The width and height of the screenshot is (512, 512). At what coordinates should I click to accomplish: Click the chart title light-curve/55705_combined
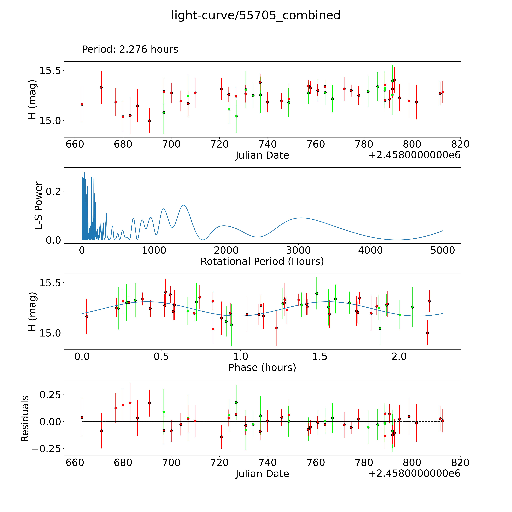point(256,15)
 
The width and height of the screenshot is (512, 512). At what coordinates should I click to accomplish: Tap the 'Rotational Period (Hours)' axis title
point(262,262)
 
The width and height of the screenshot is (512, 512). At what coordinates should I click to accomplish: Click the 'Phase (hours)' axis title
point(262,368)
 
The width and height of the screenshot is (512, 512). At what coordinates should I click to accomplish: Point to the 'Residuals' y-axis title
point(25,419)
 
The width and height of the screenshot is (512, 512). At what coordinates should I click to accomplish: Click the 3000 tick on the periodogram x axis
point(298,250)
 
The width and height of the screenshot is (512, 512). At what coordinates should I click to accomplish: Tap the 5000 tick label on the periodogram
point(443,250)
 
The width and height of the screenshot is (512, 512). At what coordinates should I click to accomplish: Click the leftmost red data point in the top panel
point(82,104)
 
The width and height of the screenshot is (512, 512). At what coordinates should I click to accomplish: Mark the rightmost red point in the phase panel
point(429,301)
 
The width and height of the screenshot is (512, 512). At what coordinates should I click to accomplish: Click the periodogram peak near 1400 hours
point(183,205)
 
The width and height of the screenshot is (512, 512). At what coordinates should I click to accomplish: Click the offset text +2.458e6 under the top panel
point(414,155)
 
